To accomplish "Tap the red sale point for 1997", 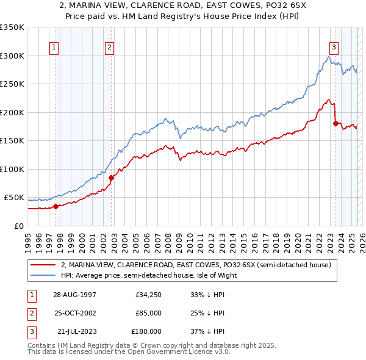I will pos(56,206).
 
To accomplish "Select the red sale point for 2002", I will pos(112,178).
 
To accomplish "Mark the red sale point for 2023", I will pos(335,124).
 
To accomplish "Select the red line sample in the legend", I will pos(43,265).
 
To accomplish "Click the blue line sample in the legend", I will pos(43,275).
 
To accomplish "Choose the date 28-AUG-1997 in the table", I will pos(74,295).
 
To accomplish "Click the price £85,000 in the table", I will pos(148,313).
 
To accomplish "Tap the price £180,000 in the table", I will pos(147,331).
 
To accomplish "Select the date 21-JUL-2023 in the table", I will pos(74,331).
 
